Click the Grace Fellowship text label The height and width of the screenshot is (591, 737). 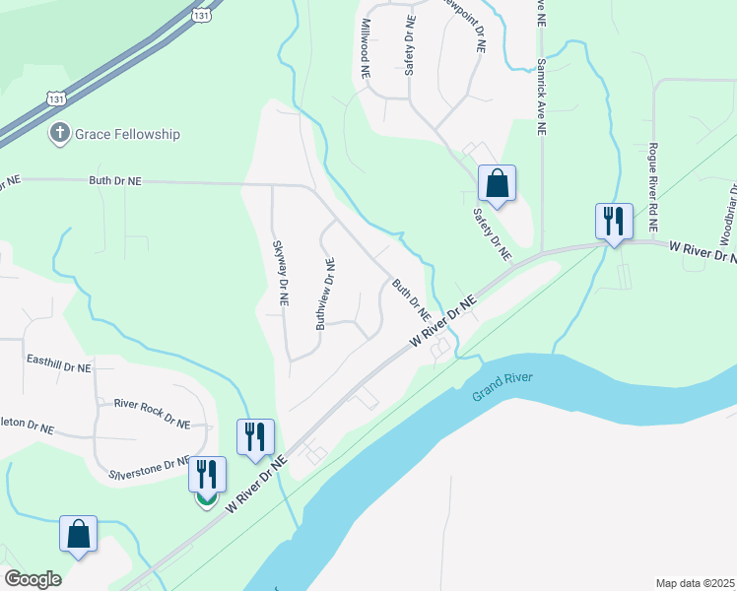pos(127,133)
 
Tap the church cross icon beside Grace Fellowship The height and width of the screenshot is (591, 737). pos(59,133)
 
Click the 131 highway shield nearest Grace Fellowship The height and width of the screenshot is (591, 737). pos(55,98)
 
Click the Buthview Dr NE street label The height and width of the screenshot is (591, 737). pos(325,294)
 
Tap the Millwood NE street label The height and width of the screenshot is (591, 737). pos(366,48)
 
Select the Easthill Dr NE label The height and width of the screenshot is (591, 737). pos(58,366)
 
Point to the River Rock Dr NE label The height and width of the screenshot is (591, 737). pos(151,404)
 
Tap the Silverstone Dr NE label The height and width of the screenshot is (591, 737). pos(148,463)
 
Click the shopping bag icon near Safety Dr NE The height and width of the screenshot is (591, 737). pos(497,183)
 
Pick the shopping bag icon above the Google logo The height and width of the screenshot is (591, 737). pos(78,534)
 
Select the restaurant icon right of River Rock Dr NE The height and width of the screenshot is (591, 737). pos(256,436)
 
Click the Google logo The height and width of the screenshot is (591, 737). pos(33,578)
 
